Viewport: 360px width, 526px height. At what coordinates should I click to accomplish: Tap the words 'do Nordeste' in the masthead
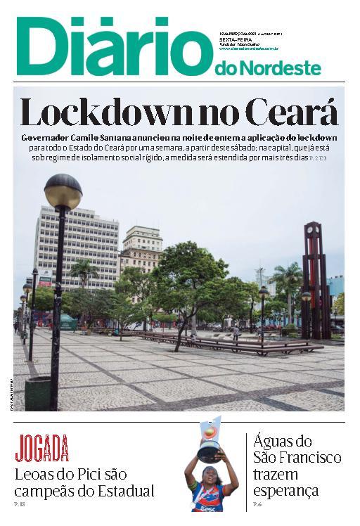[x=267, y=68]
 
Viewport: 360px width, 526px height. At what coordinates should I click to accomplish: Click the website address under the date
[x=249, y=49]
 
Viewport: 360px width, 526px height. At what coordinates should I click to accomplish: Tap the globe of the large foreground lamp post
[x=63, y=191]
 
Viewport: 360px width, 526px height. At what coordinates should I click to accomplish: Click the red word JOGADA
[x=42, y=448]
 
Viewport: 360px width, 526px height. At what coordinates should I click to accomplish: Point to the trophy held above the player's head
[x=209, y=445]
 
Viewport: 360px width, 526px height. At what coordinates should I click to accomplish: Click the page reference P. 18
[x=20, y=505]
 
